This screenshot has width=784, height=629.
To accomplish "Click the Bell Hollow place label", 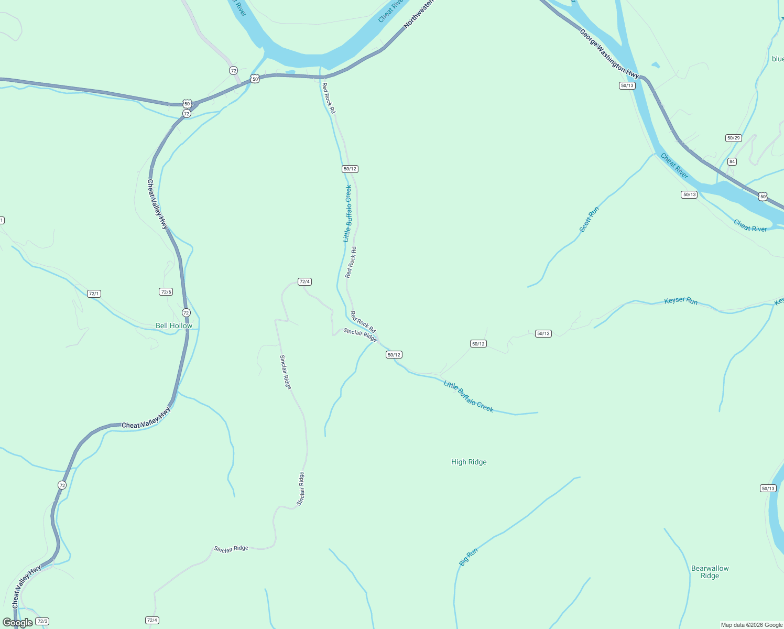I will pyautogui.click(x=174, y=326).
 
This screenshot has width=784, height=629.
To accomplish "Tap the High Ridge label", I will pyautogui.click(x=469, y=462).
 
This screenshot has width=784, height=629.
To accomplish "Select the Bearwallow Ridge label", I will pyautogui.click(x=710, y=572).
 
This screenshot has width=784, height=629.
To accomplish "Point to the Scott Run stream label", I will pyautogui.click(x=589, y=220).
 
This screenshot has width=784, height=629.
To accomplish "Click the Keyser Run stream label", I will pyautogui.click(x=681, y=301).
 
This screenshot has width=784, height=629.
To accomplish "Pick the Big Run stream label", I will pyautogui.click(x=469, y=557).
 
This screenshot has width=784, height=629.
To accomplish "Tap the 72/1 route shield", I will pyautogui.click(x=94, y=294).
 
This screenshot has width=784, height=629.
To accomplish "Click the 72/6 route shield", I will pyautogui.click(x=166, y=292).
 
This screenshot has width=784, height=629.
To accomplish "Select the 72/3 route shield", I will pyautogui.click(x=42, y=621).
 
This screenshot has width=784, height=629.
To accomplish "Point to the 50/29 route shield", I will pyautogui.click(x=733, y=138).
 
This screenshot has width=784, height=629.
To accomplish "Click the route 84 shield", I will pyautogui.click(x=732, y=161).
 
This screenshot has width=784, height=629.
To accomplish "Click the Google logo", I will pyautogui.click(x=17, y=623).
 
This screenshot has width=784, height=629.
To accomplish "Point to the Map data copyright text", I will pyautogui.click(x=752, y=625).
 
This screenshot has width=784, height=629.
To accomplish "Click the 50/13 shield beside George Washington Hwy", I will pyautogui.click(x=627, y=85).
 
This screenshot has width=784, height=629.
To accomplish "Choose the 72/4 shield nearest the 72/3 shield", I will pyautogui.click(x=152, y=620).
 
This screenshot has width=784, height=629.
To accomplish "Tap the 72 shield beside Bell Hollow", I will pyautogui.click(x=186, y=313).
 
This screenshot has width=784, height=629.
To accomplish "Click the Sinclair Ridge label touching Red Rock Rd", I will pyautogui.click(x=360, y=335).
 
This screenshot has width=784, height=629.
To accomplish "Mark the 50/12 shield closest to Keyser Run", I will pyautogui.click(x=543, y=333).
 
